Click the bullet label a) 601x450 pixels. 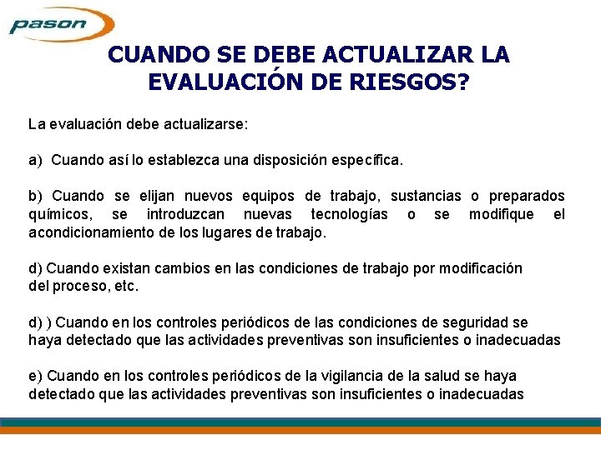[36, 159]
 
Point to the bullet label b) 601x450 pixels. [36, 196]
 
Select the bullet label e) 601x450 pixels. [36, 376]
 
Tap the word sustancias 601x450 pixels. [426, 196]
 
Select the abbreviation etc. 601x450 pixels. [127, 286]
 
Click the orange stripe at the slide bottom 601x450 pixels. [300, 430]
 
